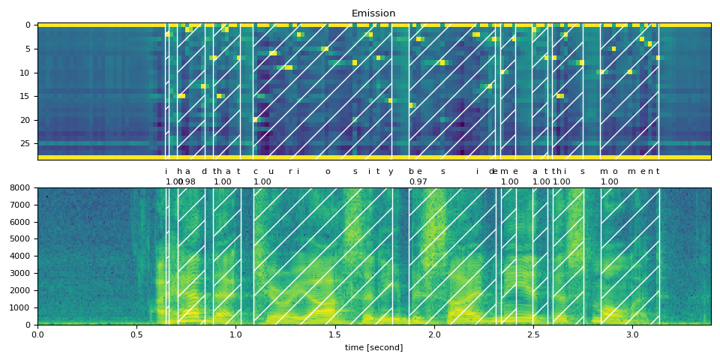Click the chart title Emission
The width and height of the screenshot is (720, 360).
click(373, 13)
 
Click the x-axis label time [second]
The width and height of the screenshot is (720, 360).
click(373, 347)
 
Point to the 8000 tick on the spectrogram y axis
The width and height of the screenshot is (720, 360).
click(25, 187)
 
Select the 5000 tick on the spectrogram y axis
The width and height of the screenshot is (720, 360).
click(25, 239)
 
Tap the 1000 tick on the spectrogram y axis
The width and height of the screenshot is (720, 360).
click(25, 307)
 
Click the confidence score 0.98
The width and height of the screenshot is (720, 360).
click(187, 181)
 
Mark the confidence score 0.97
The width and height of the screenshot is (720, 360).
click(418, 181)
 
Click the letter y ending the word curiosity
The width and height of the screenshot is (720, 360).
click(391, 172)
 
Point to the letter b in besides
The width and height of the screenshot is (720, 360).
click(411, 172)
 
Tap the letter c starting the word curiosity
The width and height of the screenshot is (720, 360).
click(255, 172)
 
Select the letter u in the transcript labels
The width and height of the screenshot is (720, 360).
click(271, 172)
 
